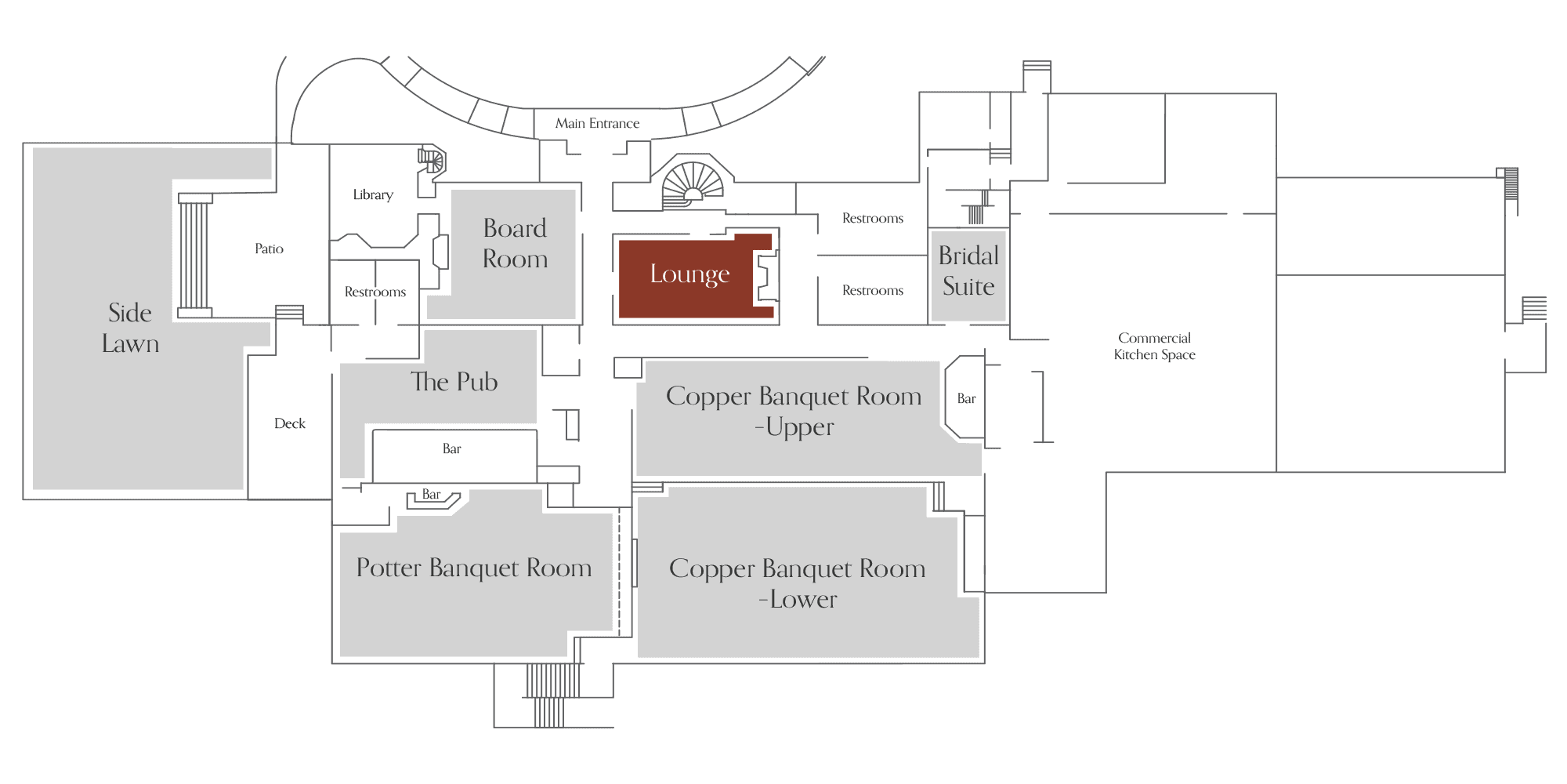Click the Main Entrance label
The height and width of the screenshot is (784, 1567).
pos(597,123)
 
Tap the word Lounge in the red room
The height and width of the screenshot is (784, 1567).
pos(689,274)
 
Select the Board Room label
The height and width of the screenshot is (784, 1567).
pos(515,243)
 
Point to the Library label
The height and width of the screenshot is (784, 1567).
pos(373,194)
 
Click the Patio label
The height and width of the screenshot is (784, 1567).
pos(269,249)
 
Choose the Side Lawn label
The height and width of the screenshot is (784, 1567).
pos(130,328)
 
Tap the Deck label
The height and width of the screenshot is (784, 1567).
pos(290,423)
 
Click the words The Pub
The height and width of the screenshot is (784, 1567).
pos(454,382)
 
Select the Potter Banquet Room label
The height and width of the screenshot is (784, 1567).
pos(474,568)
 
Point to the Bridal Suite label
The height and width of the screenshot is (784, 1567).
pos(968,270)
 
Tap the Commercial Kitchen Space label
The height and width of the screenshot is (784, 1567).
pos(1154,346)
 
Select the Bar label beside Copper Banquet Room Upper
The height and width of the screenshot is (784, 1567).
pos(966,398)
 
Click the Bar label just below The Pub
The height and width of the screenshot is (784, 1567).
pos(451,448)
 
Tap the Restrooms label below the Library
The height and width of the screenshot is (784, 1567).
pos(375,292)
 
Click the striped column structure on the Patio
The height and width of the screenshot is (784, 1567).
pos(194,255)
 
